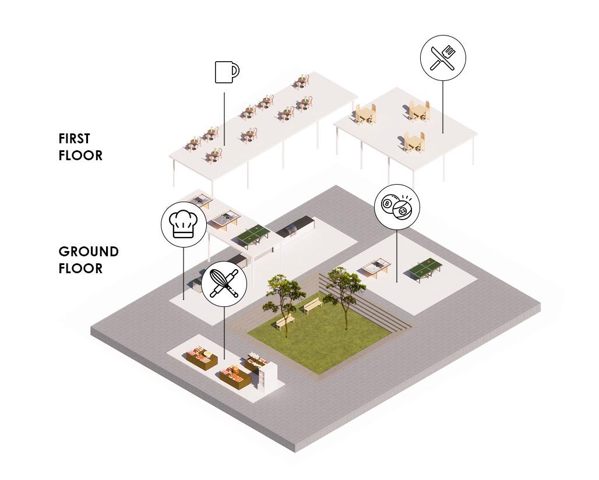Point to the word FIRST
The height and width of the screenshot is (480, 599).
[74, 139]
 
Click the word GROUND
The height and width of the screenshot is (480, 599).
[89, 252]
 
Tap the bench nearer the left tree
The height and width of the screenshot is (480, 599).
[285, 321]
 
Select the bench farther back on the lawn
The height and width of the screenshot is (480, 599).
[313, 303]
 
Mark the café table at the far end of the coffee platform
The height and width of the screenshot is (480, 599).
[301, 82]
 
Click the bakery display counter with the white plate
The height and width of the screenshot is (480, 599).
[200, 357]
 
